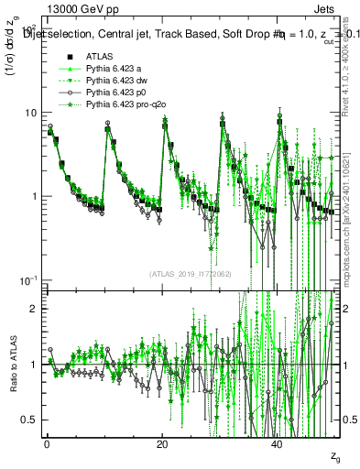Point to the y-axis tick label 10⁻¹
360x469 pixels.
29,279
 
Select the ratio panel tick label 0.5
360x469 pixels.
30,420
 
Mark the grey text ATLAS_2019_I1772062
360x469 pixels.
190,273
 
